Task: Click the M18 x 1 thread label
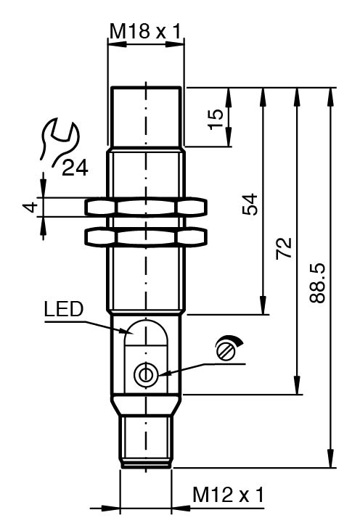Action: coord(146,32)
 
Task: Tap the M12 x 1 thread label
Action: coord(228,495)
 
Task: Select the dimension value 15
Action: coord(216,119)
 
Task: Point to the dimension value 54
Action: coord(250,205)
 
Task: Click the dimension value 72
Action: coord(283,248)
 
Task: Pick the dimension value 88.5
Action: coord(317,282)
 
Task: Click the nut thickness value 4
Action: coord(31,207)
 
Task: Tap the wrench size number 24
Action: coord(75,168)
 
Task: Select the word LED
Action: coord(64,308)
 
